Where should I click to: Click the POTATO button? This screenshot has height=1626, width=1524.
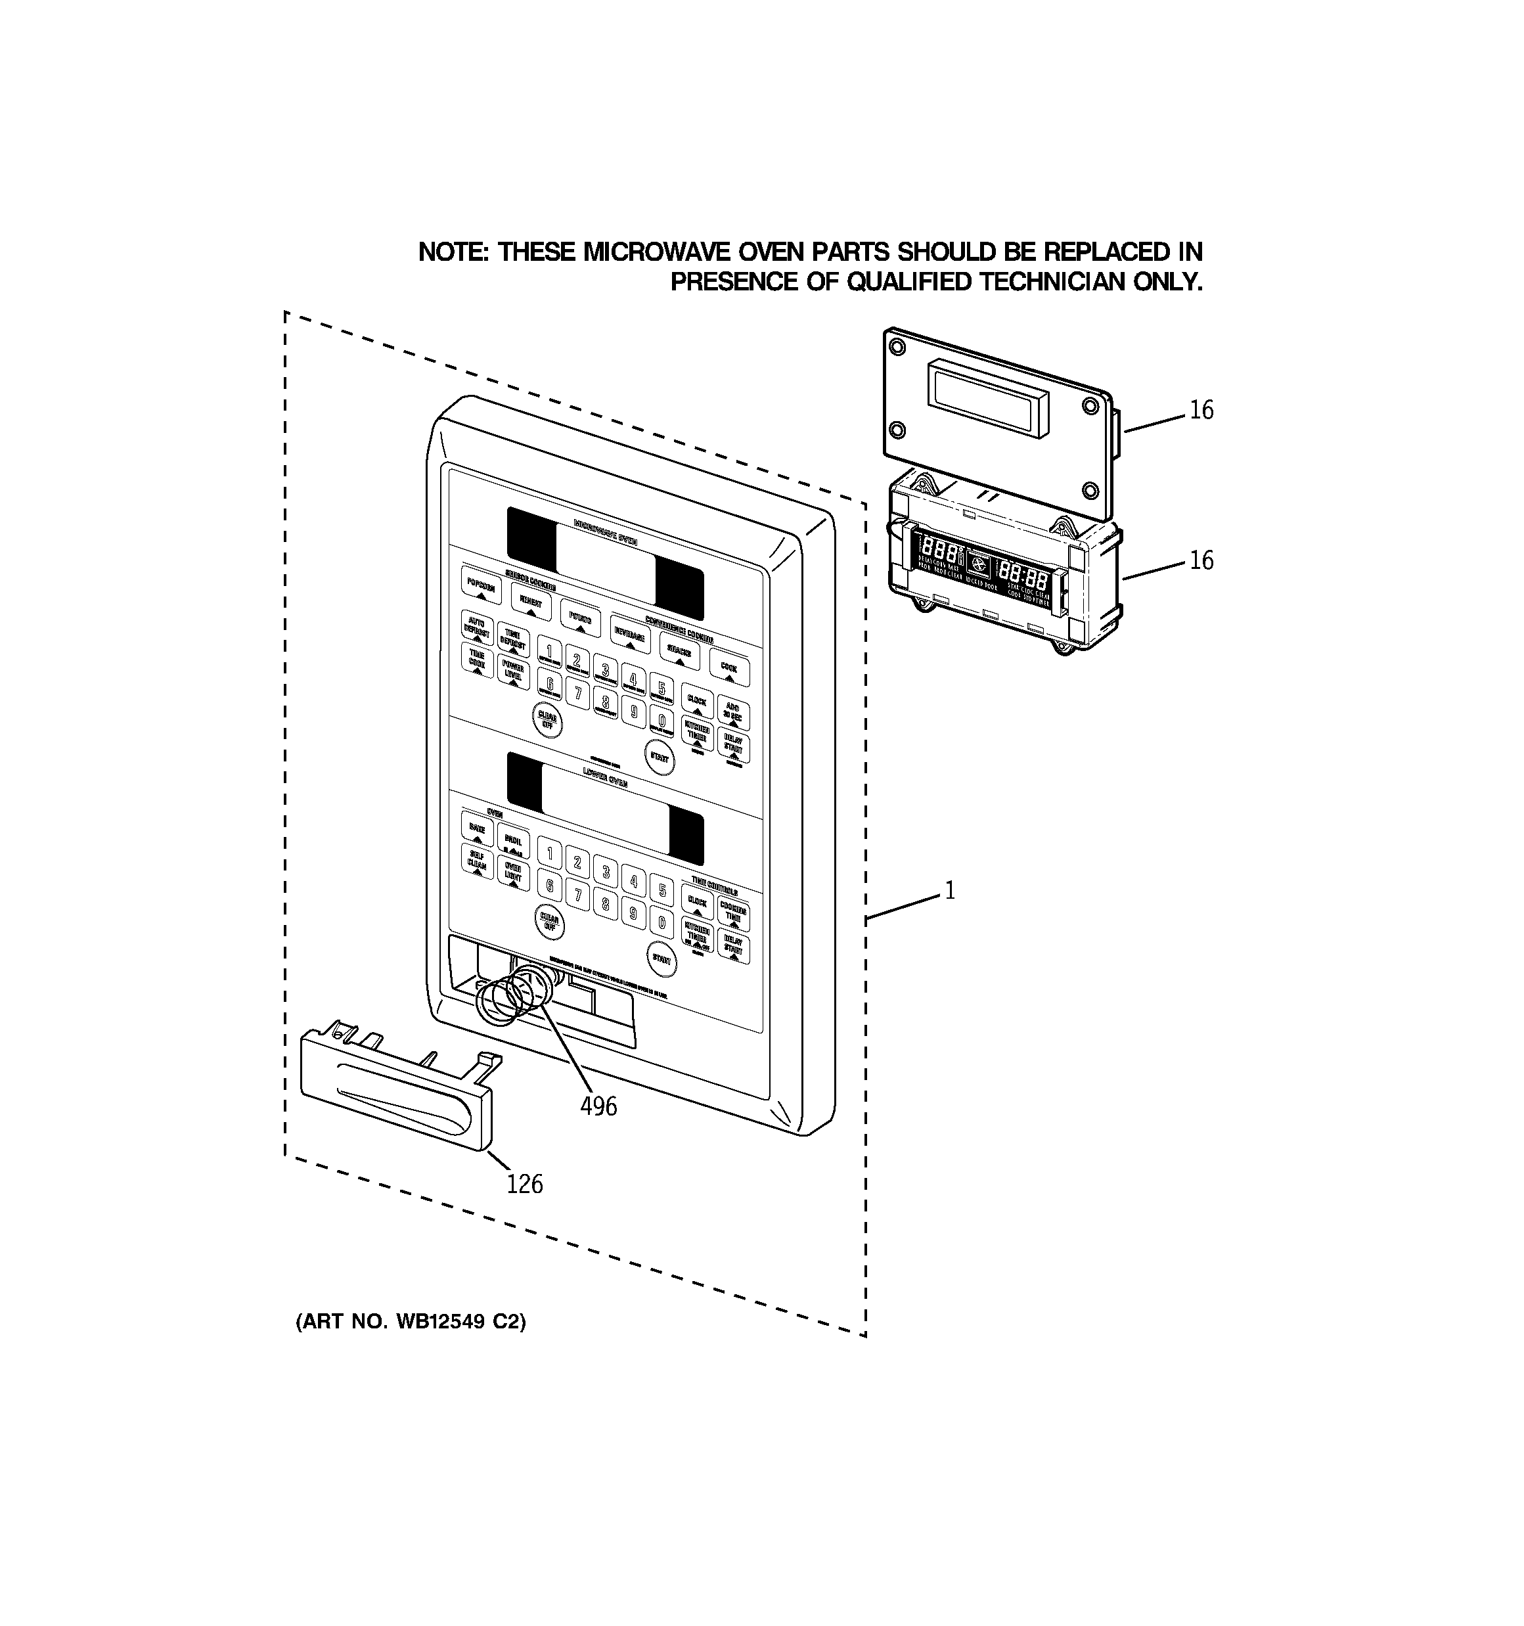pyautogui.click(x=580, y=621)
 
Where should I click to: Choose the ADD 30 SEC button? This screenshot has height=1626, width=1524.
pyautogui.click(x=733, y=711)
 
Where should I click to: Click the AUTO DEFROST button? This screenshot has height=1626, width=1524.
pyautogui.click(x=476, y=627)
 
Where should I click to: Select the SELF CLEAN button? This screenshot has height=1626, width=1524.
pyautogui.click(x=477, y=861)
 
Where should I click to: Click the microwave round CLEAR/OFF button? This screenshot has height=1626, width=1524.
pyautogui.click(x=547, y=720)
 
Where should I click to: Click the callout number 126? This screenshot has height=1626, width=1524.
pyautogui.click(x=524, y=1183)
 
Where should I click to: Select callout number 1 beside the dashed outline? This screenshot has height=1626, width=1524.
pyautogui.click(x=950, y=890)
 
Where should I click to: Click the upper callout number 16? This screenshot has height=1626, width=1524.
pyautogui.click(x=1201, y=410)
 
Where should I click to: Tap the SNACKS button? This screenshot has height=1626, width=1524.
pyautogui.click(x=679, y=652)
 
